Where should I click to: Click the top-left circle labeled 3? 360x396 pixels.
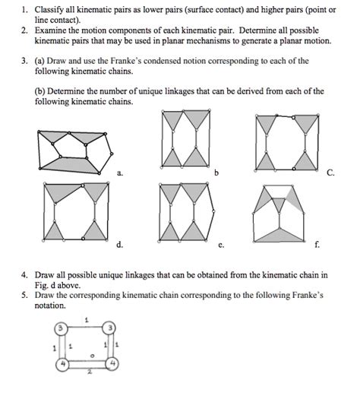60,328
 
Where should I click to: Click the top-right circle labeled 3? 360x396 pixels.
112,328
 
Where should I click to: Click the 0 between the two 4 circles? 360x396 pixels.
92,353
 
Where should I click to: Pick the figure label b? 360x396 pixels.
218,173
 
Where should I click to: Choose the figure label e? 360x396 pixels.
219,246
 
